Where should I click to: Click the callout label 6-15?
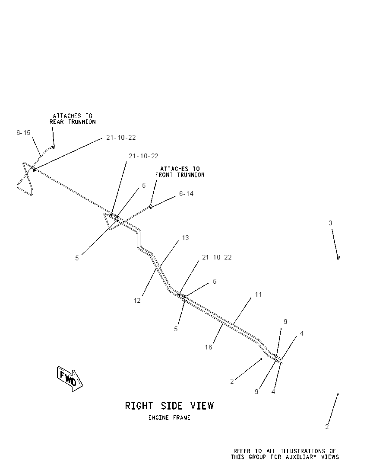tap(23, 133)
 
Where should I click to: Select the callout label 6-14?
tap(186, 193)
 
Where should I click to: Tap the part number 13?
tap(185, 237)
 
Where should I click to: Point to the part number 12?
tap(137, 301)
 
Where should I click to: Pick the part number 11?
tap(258, 294)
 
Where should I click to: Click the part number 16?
tap(209, 347)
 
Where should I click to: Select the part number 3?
tap(330, 223)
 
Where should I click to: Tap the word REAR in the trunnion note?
tap(57, 122)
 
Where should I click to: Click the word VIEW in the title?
tap(202, 406)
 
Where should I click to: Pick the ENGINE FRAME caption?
tap(169, 418)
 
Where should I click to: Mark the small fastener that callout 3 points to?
tap(339, 258)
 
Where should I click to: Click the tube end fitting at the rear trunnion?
tap(54, 147)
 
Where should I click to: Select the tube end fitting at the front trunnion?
tap(150, 207)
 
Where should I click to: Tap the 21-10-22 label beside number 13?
tap(217, 257)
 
